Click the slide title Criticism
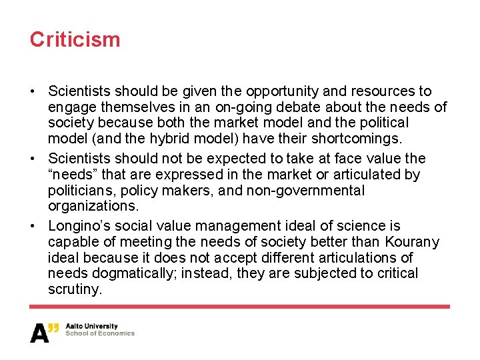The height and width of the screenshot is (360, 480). [x=75, y=39]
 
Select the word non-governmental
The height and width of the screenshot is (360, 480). [x=307, y=191]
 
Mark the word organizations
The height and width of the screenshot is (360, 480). [x=93, y=206]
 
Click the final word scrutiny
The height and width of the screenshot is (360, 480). [x=75, y=289]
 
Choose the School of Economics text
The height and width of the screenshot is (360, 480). [x=100, y=334]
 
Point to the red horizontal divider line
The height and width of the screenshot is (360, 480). [x=240, y=307]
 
